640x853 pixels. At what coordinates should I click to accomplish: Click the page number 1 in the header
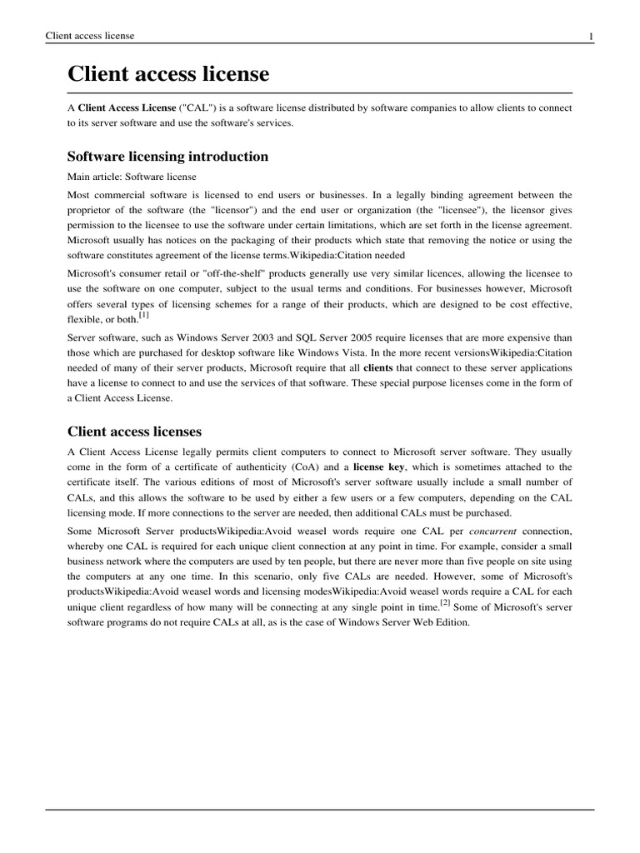[x=590, y=36]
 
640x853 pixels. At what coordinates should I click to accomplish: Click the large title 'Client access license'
[x=168, y=74]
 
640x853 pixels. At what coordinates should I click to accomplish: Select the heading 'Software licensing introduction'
[x=167, y=157]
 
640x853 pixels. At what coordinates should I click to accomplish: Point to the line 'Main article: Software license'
[x=132, y=177]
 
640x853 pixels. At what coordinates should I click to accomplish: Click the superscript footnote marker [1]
[x=143, y=314]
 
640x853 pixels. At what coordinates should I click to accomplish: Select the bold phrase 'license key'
[x=381, y=467]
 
